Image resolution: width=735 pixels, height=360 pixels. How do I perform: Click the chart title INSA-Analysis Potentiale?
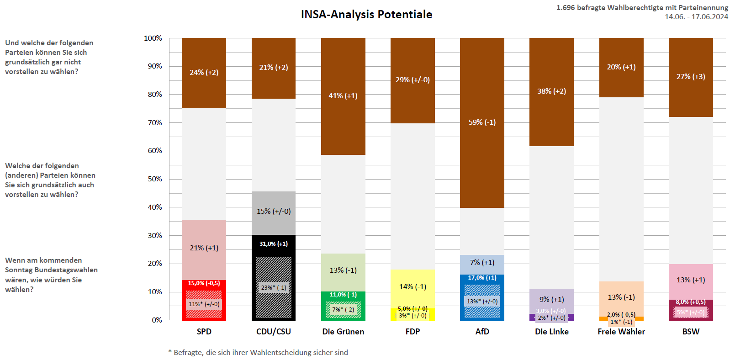366,15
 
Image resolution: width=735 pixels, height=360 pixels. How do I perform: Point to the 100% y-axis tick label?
153,38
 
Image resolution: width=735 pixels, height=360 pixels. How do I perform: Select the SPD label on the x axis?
204,332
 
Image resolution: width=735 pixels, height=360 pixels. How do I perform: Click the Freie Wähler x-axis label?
621,332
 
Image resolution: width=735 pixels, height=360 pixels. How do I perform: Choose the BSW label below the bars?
691,332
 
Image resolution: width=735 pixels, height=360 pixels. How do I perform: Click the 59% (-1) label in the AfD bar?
482,122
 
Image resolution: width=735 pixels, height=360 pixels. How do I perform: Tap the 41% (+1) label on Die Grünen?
343,96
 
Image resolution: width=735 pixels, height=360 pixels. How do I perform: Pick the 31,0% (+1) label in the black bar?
274,244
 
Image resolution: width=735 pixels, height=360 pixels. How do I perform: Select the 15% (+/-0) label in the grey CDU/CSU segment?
274,212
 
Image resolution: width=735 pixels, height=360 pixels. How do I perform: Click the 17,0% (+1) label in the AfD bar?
482,278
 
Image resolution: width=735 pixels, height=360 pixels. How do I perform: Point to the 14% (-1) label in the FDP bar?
412,287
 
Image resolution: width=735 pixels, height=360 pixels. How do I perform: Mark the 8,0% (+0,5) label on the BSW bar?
691,302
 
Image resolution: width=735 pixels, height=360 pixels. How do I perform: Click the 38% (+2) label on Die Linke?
551,91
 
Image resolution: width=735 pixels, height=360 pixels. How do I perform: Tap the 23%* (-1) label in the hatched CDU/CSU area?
274,288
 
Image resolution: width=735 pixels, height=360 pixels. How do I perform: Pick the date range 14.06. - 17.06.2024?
696,17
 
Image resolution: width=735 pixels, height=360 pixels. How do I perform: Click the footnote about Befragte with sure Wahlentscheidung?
258,353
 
